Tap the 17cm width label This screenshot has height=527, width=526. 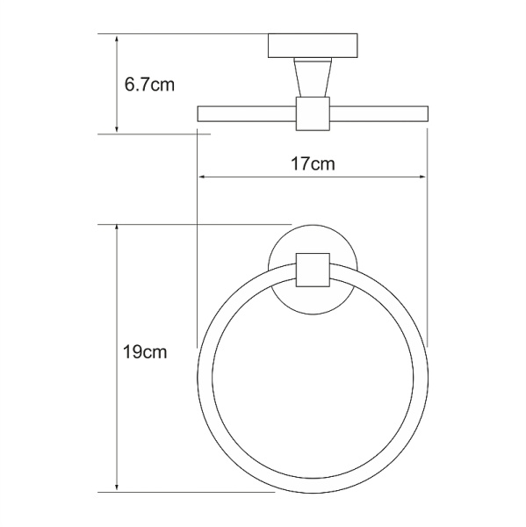tap(313, 163)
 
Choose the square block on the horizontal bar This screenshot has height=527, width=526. tap(312, 112)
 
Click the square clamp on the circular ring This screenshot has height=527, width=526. tap(313, 270)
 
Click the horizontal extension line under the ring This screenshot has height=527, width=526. tap(202, 492)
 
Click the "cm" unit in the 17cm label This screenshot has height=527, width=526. tap(324, 163)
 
